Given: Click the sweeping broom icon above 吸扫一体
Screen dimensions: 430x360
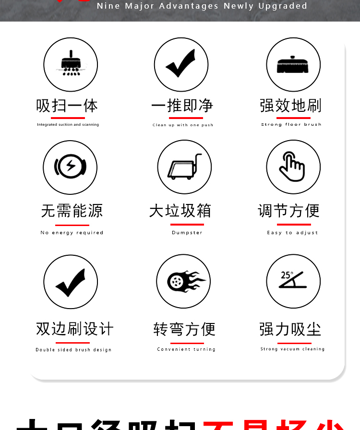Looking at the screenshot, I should pyautogui.click(x=71, y=64).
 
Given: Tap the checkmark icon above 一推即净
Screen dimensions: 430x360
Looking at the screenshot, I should pyautogui.click(x=180, y=64).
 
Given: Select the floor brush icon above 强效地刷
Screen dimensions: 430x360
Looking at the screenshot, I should pyautogui.click(x=293, y=64).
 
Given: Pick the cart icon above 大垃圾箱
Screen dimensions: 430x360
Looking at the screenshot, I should pyautogui.click(x=184, y=167).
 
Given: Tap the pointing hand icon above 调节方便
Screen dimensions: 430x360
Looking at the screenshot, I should pyautogui.click(x=292, y=167).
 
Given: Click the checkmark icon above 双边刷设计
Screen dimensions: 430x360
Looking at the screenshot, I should pyautogui.click(x=71, y=282).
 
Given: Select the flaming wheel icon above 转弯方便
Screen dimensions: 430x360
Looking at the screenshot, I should pyautogui.click(x=184, y=281).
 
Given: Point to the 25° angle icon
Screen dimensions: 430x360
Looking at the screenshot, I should pyautogui.click(x=292, y=280).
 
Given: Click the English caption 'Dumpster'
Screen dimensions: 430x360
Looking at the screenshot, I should pyautogui.click(x=187, y=233).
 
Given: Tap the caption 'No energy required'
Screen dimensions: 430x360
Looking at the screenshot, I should pyautogui.click(x=72, y=233).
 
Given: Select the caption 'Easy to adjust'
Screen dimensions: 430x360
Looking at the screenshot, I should pyautogui.click(x=292, y=233).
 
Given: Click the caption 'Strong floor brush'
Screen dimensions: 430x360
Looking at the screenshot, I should pyautogui.click(x=291, y=125).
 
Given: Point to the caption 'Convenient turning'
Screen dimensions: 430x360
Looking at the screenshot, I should pyautogui.click(x=186, y=349).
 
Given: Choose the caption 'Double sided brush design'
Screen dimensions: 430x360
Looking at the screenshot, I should pyautogui.click(x=73, y=350).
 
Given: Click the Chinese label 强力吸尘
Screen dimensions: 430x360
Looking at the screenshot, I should pyautogui.click(x=290, y=329).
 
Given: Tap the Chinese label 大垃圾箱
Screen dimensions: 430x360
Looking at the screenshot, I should pyautogui.click(x=180, y=211).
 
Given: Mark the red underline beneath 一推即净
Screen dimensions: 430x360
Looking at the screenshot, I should pyautogui.click(x=182, y=118).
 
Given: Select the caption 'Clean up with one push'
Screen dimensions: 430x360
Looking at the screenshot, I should pyautogui.click(x=183, y=125).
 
